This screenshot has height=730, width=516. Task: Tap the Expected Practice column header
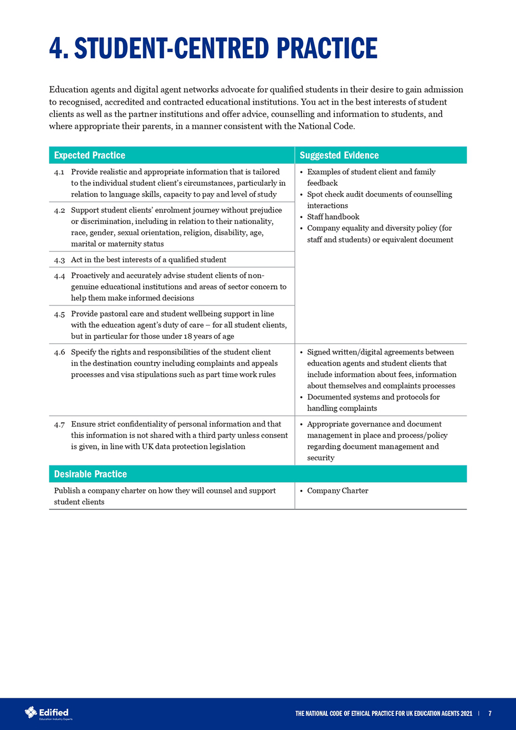click(90, 155)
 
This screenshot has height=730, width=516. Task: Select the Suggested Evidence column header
click(339, 155)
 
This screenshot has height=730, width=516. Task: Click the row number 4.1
click(60, 172)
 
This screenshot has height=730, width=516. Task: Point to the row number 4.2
click(60, 210)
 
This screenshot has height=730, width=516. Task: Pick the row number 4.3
click(60, 260)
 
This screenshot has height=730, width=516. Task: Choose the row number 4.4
click(60, 276)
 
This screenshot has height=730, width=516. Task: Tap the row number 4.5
click(60, 314)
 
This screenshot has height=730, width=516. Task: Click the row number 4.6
click(60, 352)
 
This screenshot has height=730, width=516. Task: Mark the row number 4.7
click(60, 424)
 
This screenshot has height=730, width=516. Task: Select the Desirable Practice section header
click(90, 474)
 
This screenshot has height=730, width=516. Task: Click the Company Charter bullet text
click(338, 491)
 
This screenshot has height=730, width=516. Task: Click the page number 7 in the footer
click(490, 713)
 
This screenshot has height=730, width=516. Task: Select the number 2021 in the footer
click(465, 713)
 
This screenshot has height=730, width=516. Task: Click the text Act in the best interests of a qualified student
click(149, 260)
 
